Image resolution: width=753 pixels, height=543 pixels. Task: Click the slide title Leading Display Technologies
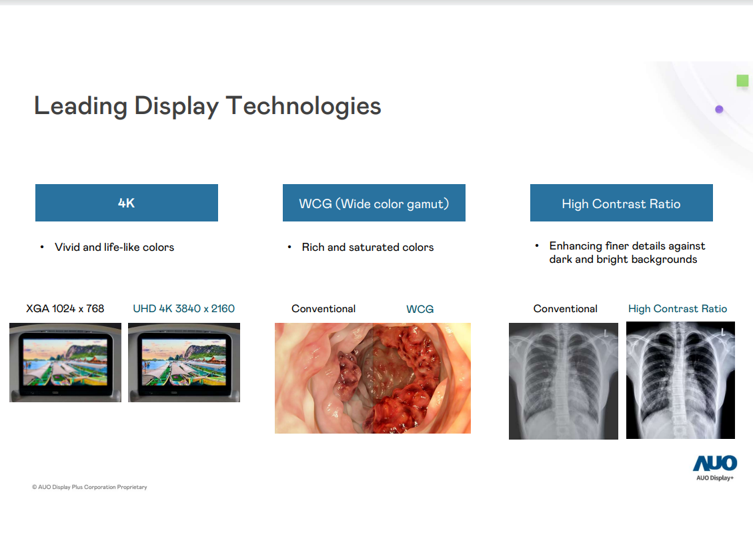pyautogui.click(x=207, y=106)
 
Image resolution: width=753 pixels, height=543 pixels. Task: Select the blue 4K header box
pyautogui.click(x=127, y=203)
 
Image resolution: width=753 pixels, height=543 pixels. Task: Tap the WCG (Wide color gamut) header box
pyautogui.click(x=373, y=203)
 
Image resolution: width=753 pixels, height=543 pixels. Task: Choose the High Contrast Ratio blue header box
pyautogui.click(x=621, y=203)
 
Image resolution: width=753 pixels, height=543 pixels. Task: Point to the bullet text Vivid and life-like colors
pyautogui.click(x=114, y=247)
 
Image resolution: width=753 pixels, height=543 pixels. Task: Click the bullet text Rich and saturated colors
pyautogui.click(x=367, y=247)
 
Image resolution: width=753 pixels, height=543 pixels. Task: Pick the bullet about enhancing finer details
pyautogui.click(x=626, y=253)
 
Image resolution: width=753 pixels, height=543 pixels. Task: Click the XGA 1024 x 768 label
pyautogui.click(x=65, y=308)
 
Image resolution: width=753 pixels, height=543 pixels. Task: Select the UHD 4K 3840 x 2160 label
pyautogui.click(x=183, y=308)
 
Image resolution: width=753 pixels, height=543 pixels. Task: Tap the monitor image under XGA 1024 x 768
pyautogui.click(x=65, y=362)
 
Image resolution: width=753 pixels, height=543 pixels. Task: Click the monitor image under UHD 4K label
pyautogui.click(x=184, y=362)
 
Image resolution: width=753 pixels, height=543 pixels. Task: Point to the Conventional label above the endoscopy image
pyautogui.click(x=323, y=309)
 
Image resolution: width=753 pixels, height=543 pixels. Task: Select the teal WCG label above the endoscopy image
pyautogui.click(x=420, y=309)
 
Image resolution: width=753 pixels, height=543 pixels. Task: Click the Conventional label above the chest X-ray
pyautogui.click(x=565, y=309)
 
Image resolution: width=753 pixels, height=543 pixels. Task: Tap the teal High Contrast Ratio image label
pyautogui.click(x=677, y=309)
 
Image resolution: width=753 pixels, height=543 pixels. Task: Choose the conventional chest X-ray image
pyautogui.click(x=563, y=381)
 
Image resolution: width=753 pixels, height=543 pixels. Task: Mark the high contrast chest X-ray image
pyautogui.click(x=680, y=380)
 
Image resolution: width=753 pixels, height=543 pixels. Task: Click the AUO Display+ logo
pyautogui.click(x=714, y=467)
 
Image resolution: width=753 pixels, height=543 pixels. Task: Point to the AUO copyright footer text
pyautogui.click(x=89, y=487)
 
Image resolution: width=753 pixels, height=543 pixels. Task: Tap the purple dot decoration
pyautogui.click(x=719, y=109)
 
